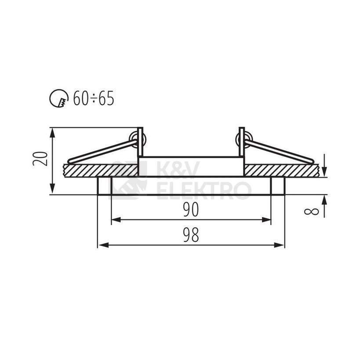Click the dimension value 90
191,210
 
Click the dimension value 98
191,235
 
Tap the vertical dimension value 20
40,158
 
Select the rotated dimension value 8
312,211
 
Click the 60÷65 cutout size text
94,98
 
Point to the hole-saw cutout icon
59,98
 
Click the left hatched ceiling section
101,171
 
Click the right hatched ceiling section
281,171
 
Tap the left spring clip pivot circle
138,140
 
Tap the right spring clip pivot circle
244,140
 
